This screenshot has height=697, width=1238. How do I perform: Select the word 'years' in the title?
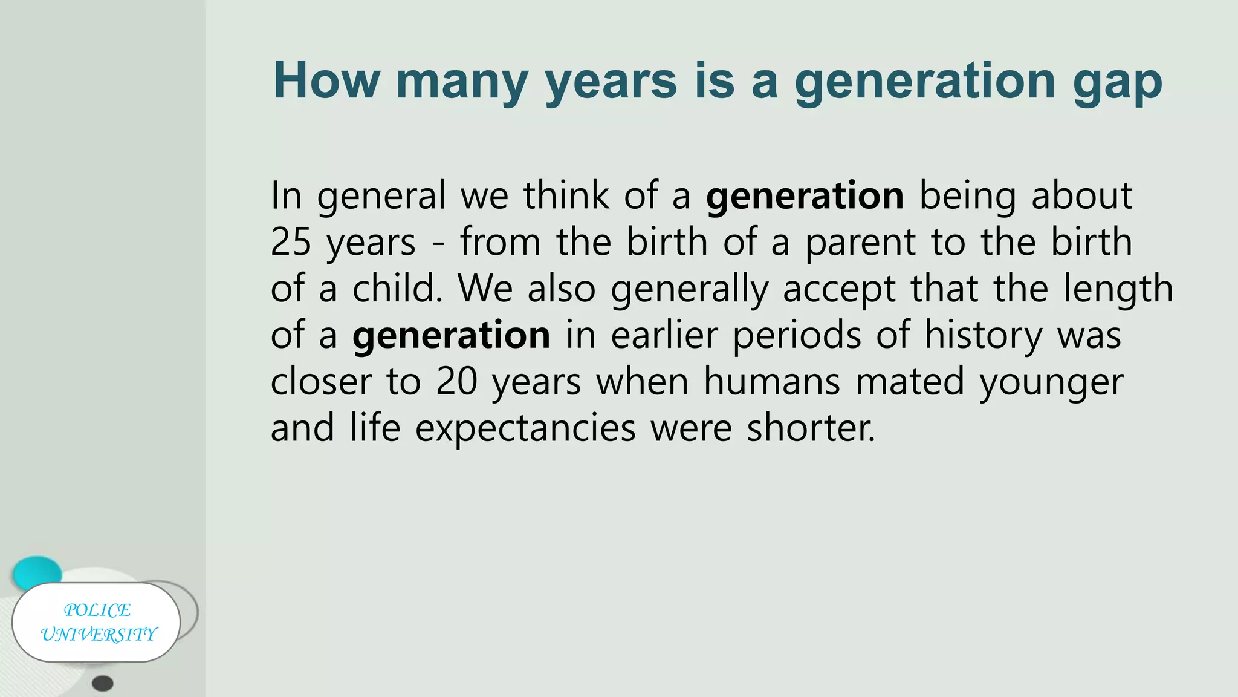611,83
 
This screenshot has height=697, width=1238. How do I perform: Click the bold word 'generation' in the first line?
805,197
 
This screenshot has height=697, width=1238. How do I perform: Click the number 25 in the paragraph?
291,242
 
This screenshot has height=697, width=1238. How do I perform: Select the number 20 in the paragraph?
456,382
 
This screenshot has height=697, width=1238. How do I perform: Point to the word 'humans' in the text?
772,382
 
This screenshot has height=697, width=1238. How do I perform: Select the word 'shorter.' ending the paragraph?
811,428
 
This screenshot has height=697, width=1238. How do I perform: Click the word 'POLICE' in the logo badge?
97,610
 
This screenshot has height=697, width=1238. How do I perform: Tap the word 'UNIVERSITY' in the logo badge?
99,635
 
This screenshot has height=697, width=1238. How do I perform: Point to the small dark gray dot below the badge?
103,684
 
